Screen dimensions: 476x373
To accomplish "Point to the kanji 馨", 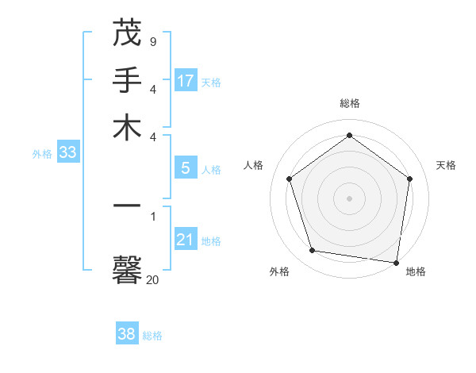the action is click(x=127, y=271).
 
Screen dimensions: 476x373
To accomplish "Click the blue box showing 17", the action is click(x=186, y=80).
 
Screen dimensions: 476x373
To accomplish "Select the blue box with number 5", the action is click(x=186, y=168).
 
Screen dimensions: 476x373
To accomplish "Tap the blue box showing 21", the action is click(x=186, y=240).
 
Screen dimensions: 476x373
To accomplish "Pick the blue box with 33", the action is click(x=67, y=152).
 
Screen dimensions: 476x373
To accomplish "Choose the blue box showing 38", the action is click(x=127, y=334).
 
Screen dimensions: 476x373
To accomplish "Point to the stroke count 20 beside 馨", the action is click(x=152, y=279).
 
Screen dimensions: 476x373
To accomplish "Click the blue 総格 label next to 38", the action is click(x=152, y=336).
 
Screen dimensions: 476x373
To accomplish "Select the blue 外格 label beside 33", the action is click(x=42, y=154).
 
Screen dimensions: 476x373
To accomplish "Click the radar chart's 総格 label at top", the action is click(x=350, y=103).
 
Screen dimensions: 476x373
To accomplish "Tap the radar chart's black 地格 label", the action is click(x=416, y=271).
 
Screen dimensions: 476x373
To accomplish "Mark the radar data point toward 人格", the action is click(x=290, y=179).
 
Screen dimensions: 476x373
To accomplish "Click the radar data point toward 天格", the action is click(x=410, y=179).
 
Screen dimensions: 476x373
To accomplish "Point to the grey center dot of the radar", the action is click(x=350, y=198).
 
